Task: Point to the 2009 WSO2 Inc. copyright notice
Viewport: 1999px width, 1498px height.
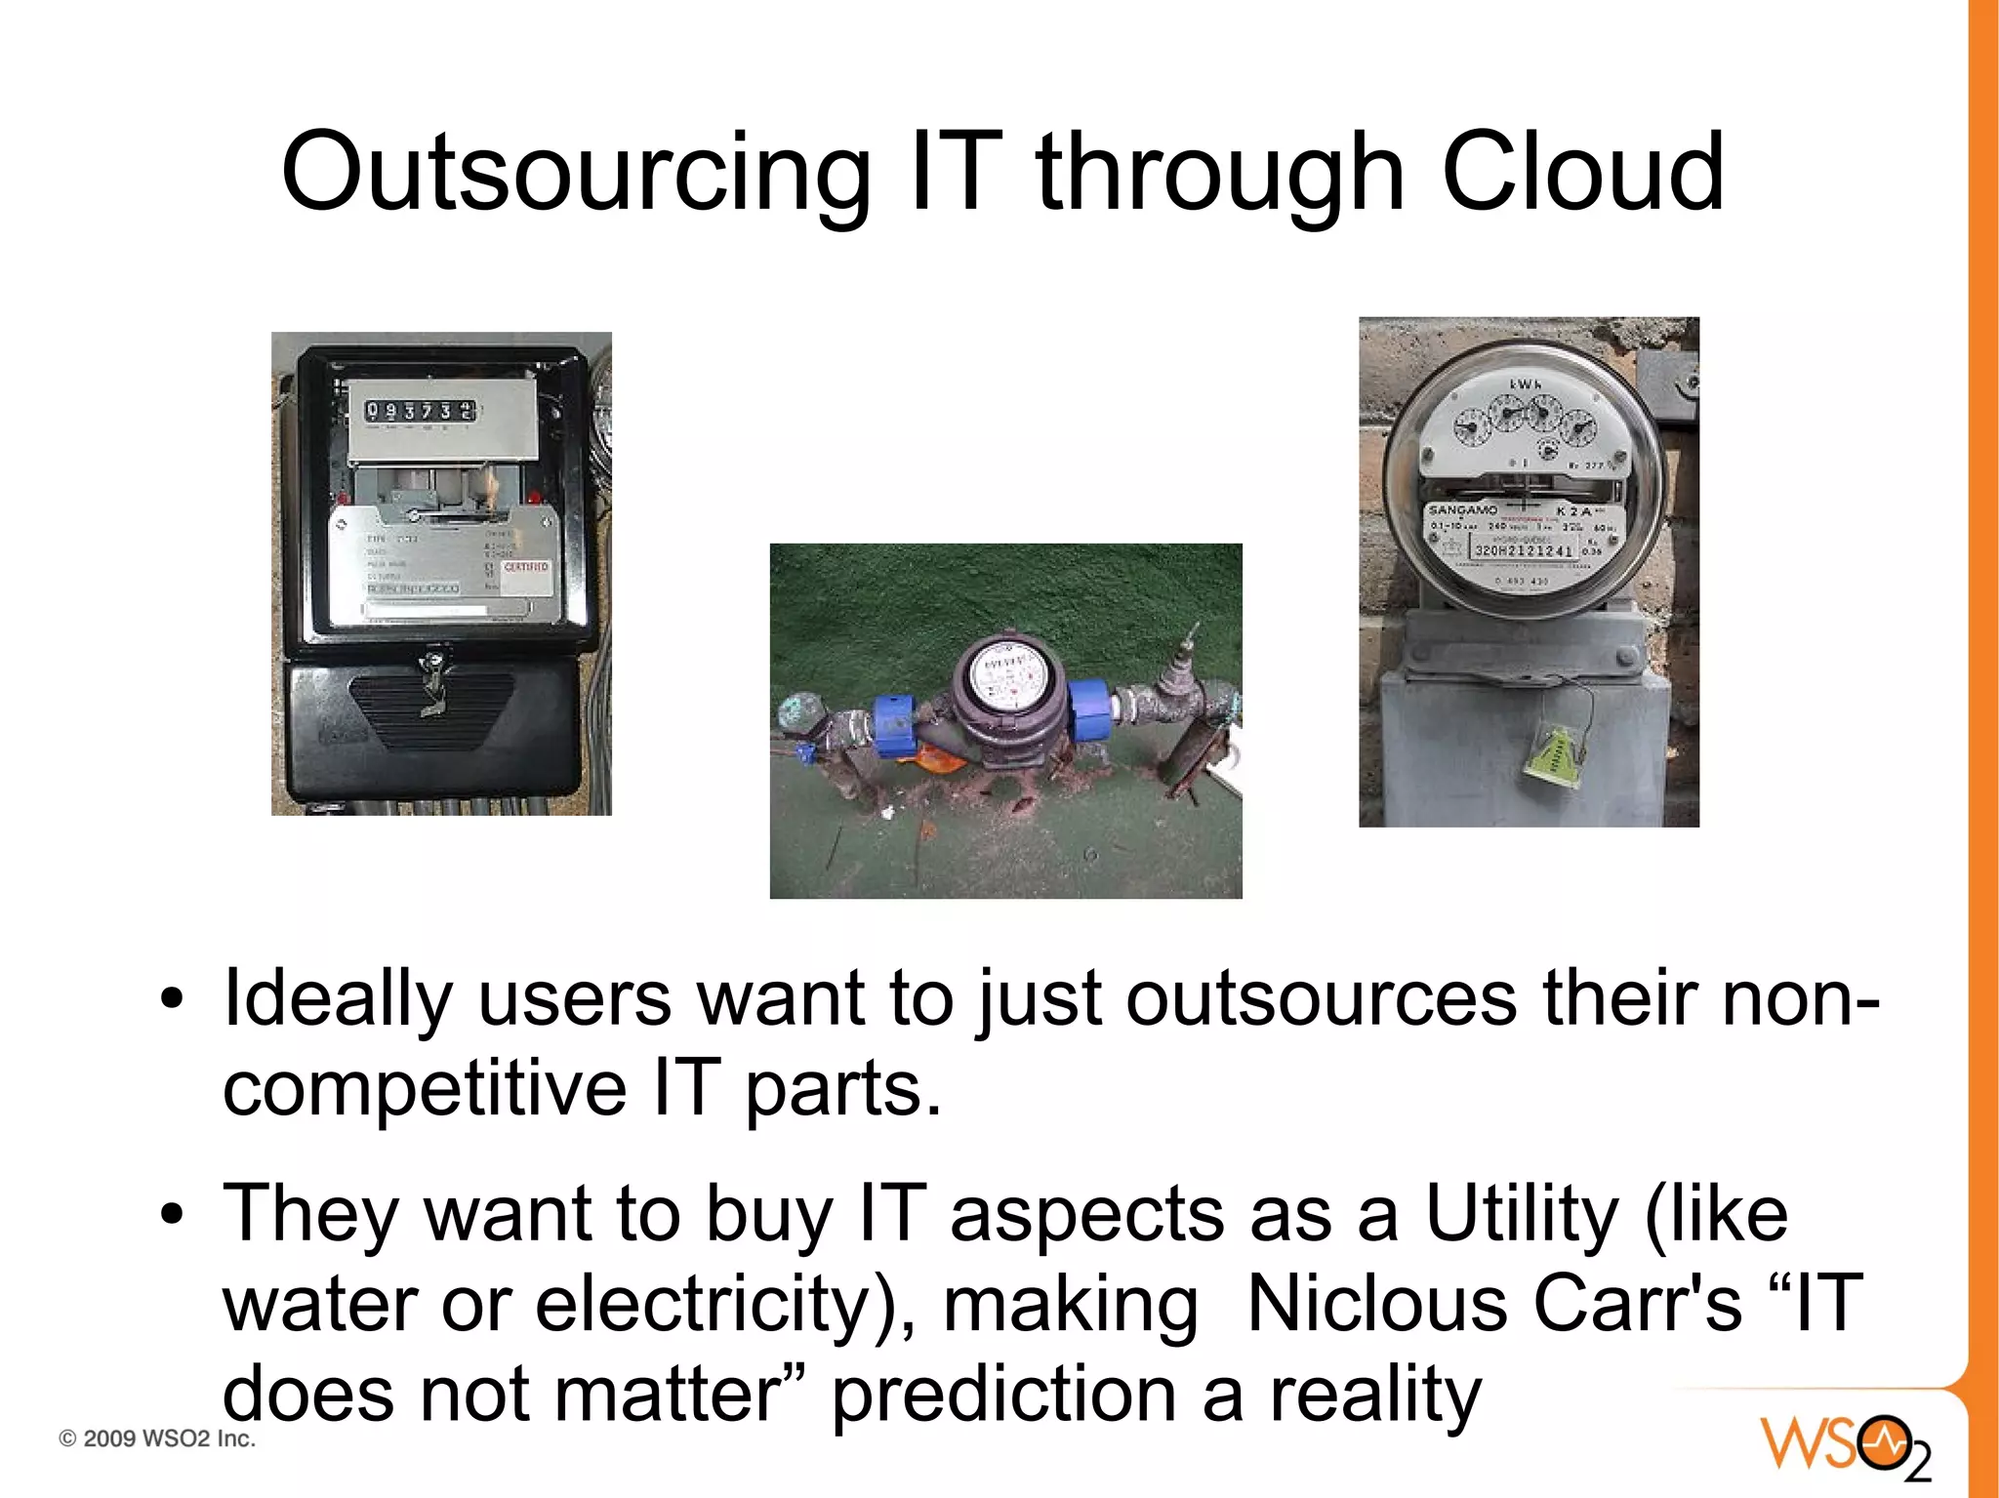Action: point(157,1438)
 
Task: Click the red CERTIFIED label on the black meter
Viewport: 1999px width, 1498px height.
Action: point(526,567)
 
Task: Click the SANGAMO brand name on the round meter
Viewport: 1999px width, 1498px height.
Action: point(1462,510)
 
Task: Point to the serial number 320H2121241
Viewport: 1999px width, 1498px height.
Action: point(1523,551)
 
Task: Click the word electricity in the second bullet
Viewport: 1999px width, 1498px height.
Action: point(703,1304)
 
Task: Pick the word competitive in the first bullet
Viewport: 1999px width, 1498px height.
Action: point(425,1089)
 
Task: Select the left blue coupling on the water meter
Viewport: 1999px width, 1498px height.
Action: point(894,725)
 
